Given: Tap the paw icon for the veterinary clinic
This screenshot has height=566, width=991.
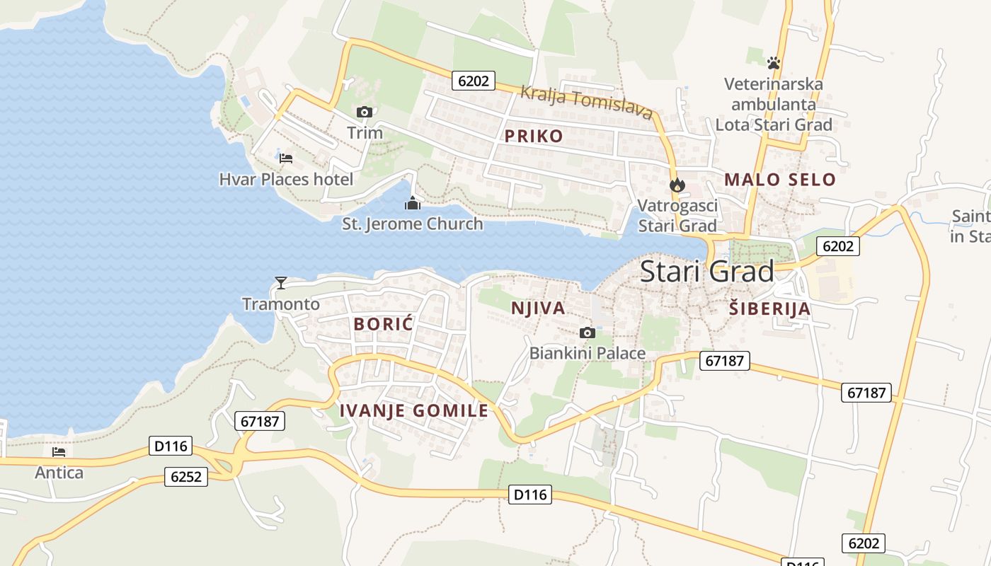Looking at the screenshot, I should click(x=774, y=63).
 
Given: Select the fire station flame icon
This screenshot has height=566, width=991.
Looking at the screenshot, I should click(x=677, y=185).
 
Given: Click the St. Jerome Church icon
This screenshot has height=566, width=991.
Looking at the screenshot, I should click(x=412, y=204).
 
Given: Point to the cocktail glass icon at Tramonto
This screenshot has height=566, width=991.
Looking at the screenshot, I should click(x=281, y=283).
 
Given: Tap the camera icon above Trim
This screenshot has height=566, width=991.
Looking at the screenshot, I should click(x=365, y=112).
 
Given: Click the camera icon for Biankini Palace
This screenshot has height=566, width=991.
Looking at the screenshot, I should click(x=587, y=333).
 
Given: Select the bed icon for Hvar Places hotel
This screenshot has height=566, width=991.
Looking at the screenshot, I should click(x=286, y=158).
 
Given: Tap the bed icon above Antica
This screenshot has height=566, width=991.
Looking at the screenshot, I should click(x=59, y=451).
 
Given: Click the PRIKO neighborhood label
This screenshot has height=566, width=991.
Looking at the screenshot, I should click(x=534, y=137).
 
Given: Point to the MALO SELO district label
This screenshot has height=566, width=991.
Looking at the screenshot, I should click(x=780, y=180).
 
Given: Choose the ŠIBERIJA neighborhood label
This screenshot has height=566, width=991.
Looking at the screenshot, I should click(x=769, y=308).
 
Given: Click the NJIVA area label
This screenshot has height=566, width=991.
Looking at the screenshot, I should click(x=538, y=308).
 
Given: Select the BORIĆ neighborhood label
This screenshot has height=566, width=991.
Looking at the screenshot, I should click(x=383, y=324).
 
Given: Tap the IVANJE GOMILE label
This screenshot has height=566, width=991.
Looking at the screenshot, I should click(x=413, y=410).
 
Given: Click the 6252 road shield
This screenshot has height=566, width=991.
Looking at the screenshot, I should click(x=187, y=477).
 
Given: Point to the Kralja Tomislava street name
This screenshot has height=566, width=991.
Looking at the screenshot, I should click(x=586, y=102).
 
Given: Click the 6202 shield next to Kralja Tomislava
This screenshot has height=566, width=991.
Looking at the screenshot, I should click(x=473, y=81).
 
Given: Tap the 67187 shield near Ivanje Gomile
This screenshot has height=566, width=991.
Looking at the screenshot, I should click(x=260, y=421).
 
